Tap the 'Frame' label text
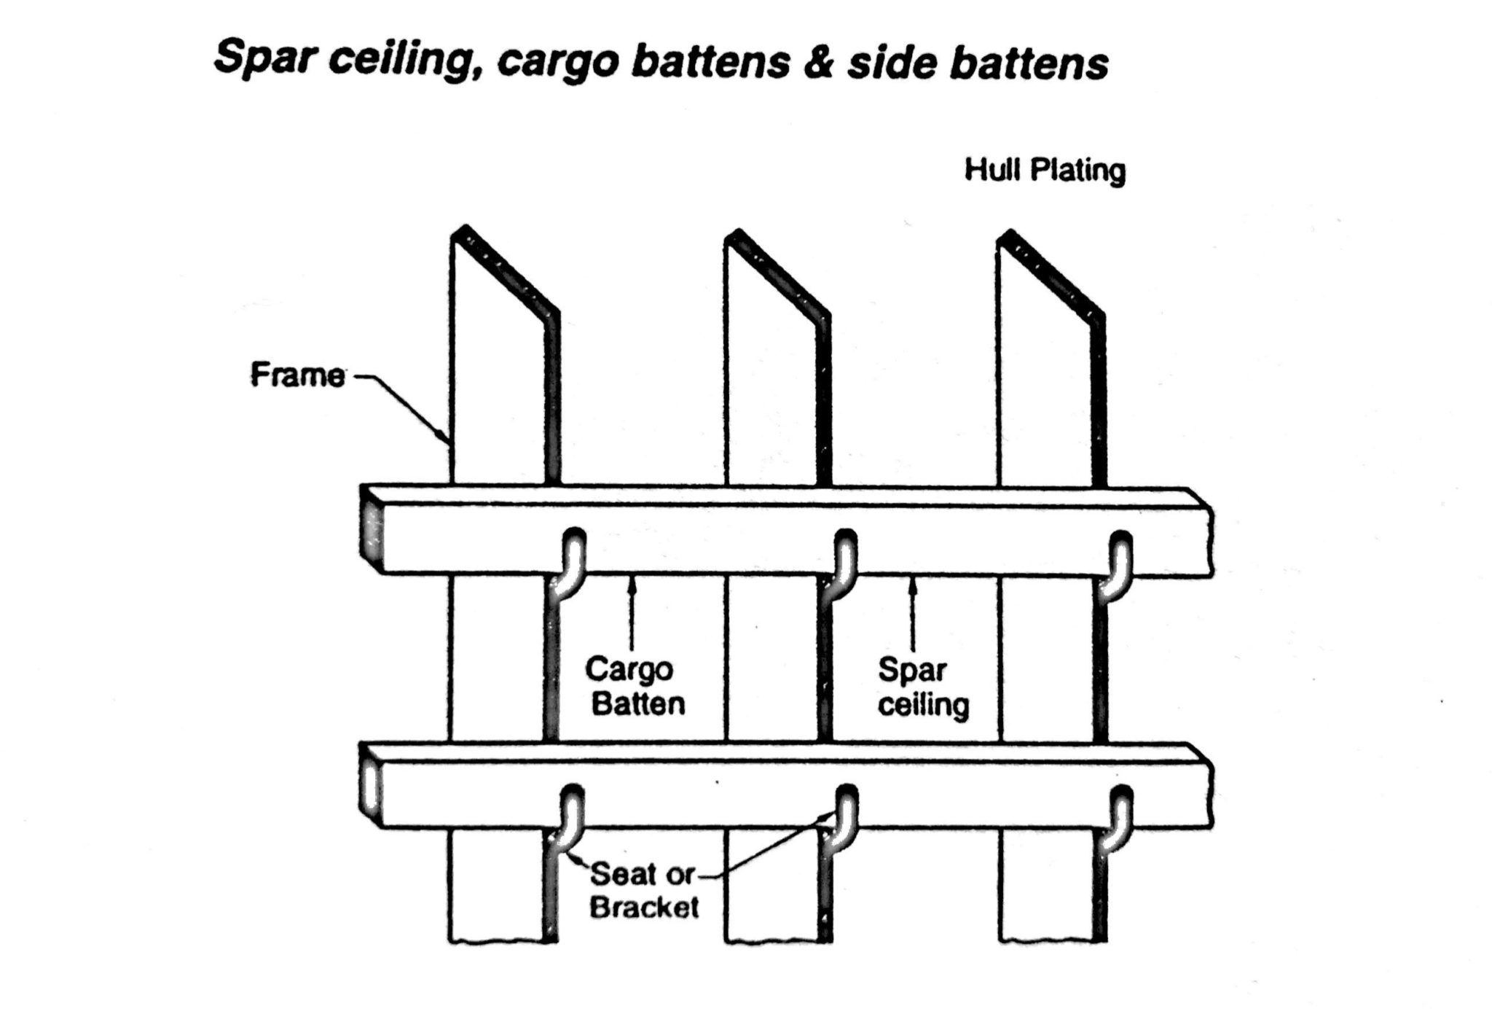tap(297, 375)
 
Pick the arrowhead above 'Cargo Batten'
tap(632, 581)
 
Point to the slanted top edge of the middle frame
tap(777, 273)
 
